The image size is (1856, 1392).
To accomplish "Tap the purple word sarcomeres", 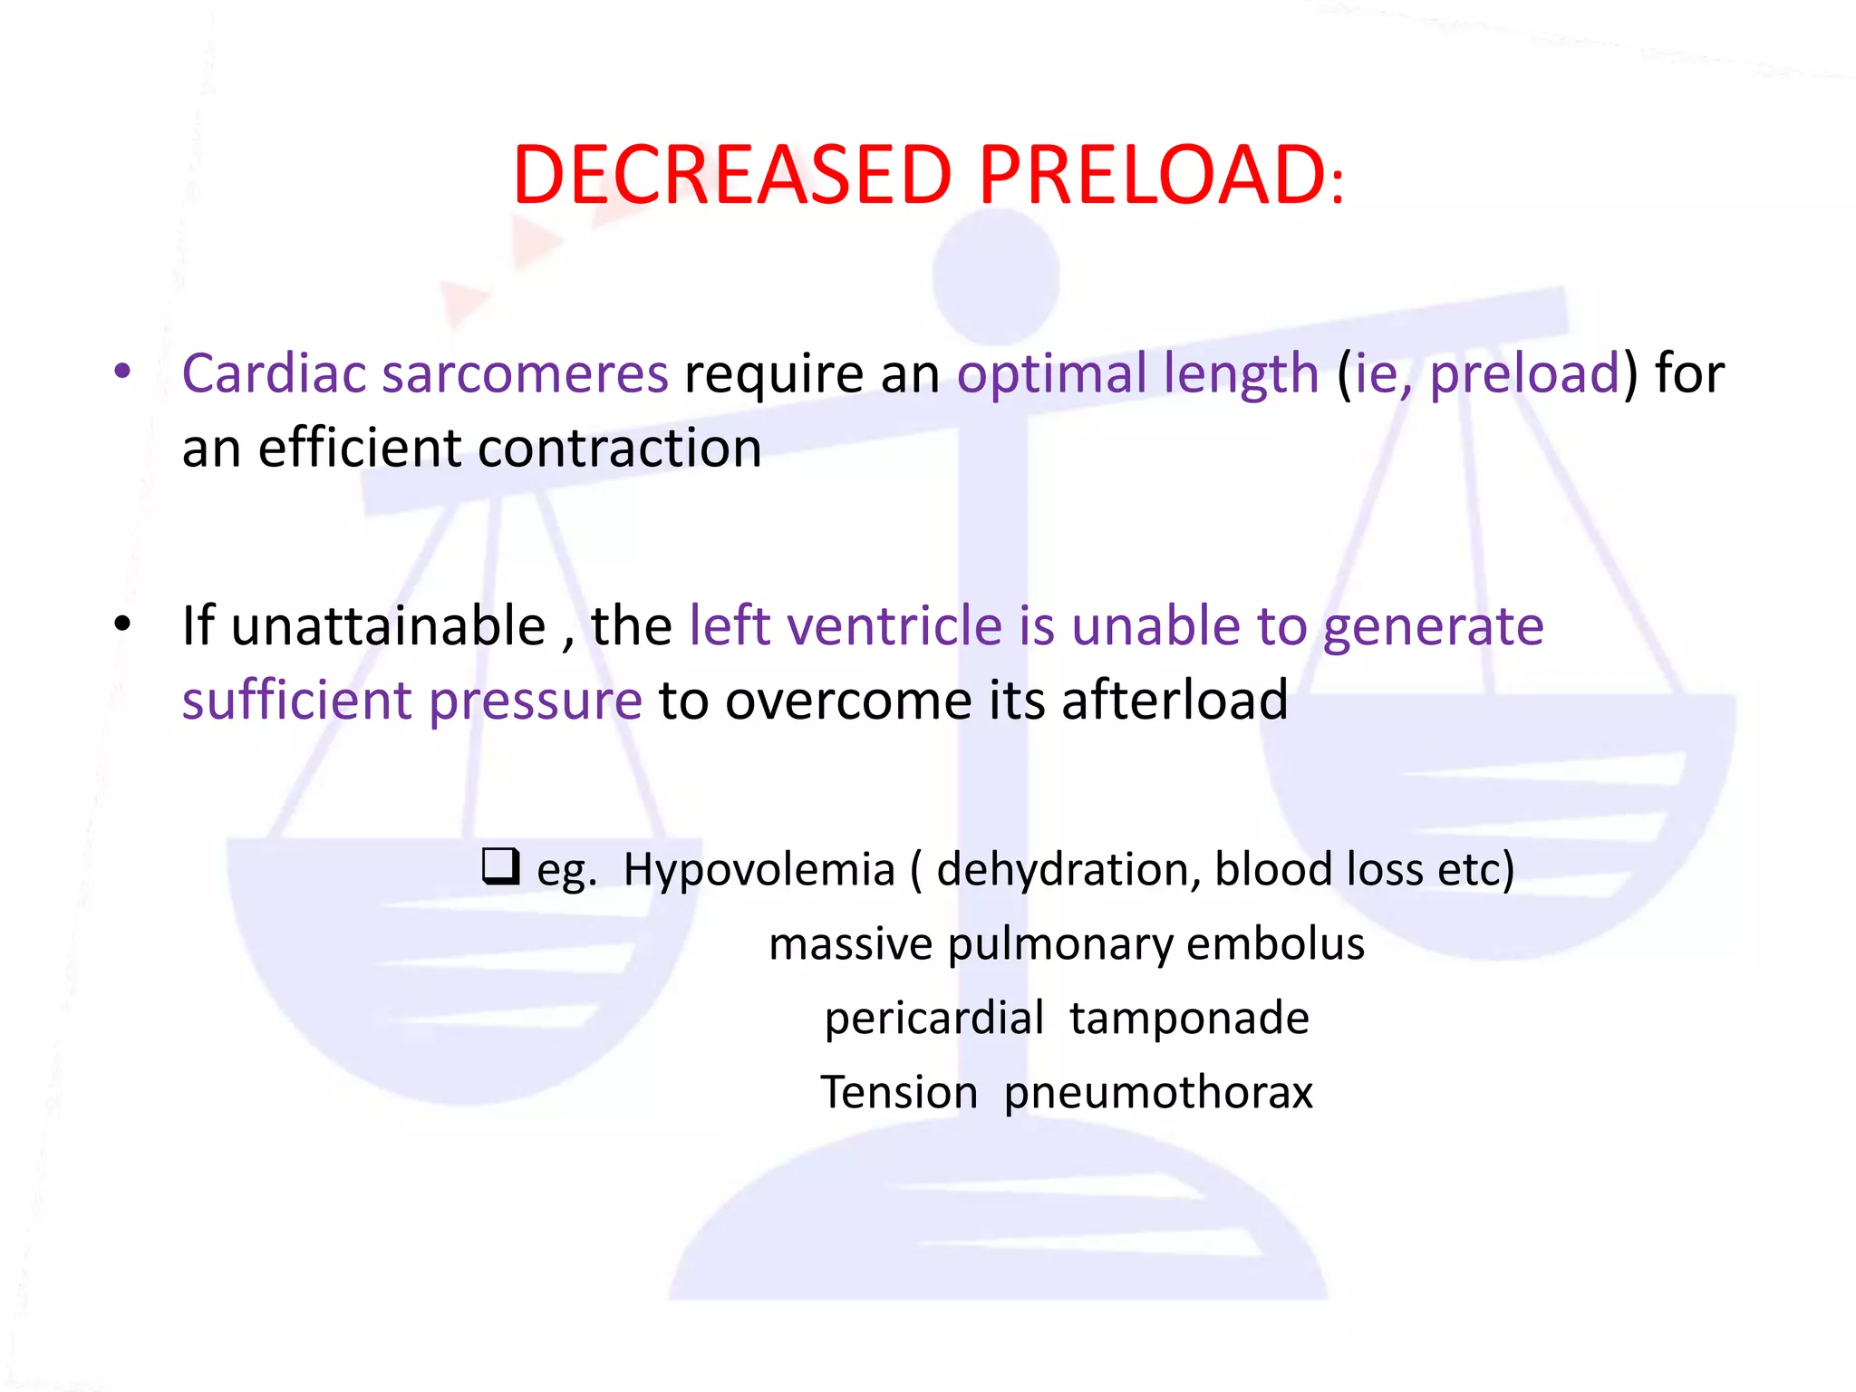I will [525, 373].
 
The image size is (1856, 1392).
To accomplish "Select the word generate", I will [1433, 628].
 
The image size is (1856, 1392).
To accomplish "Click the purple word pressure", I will [535, 701].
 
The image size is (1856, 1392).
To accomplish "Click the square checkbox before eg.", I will [500, 865].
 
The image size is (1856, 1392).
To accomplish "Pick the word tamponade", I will [1189, 1018].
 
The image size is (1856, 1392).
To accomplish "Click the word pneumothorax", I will [1158, 1093].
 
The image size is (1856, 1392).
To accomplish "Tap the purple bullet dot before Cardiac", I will [123, 372].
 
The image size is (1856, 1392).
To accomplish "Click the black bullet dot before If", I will [123, 624].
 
